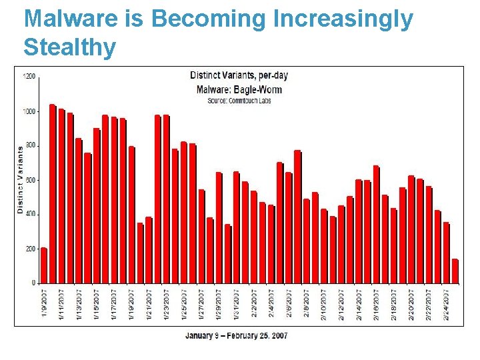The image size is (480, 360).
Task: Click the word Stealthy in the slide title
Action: click(x=69, y=47)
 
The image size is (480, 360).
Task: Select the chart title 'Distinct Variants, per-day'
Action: click(x=239, y=75)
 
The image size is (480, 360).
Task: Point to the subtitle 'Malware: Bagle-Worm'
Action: click(x=239, y=89)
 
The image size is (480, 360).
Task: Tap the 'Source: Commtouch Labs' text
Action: click(x=239, y=101)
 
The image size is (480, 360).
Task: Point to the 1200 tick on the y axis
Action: click(x=29, y=77)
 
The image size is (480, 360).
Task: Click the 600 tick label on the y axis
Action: click(x=31, y=180)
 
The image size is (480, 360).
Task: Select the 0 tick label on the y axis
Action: click(x=33, y=283)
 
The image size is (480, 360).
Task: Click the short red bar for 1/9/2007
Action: click(x=44, y=265)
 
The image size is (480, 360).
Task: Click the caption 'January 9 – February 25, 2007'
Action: click(x=236, y=335)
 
